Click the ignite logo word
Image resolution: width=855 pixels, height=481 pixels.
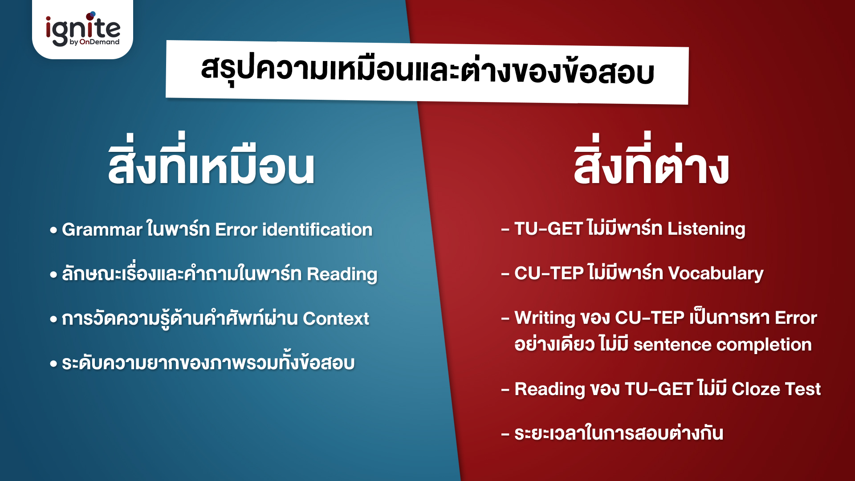click(x=82, y=28)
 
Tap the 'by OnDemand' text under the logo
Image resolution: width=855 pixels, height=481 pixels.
click(x=94, y=42)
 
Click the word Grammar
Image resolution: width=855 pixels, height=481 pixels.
click(x=102, y=230)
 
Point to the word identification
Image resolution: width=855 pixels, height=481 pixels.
click(x=317, y=230)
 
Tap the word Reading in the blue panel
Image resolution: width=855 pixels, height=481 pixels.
click(x=342, y=274)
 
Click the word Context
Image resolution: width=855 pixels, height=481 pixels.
click(x=336, y=319)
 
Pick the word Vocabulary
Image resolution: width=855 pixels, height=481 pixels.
click(x=716, y=273)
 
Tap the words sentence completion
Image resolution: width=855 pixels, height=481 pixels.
click(x=722, y=345)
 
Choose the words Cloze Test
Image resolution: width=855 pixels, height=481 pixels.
click(x=776, y=389)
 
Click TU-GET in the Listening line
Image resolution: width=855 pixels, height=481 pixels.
click(x=548, y=229)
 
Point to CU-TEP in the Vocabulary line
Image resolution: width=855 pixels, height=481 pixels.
click(x=549, y=273)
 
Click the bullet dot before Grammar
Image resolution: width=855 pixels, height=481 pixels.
click(x=53, y=231)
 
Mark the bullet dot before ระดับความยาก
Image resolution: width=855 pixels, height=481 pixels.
click(x=53, y=364)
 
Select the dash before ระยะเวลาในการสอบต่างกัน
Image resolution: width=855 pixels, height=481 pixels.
click(x=505, y=434)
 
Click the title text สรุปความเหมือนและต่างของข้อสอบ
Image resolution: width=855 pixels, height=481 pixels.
click(x=427, y=72)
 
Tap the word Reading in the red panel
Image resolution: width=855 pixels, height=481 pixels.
click(x=549, y=389)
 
